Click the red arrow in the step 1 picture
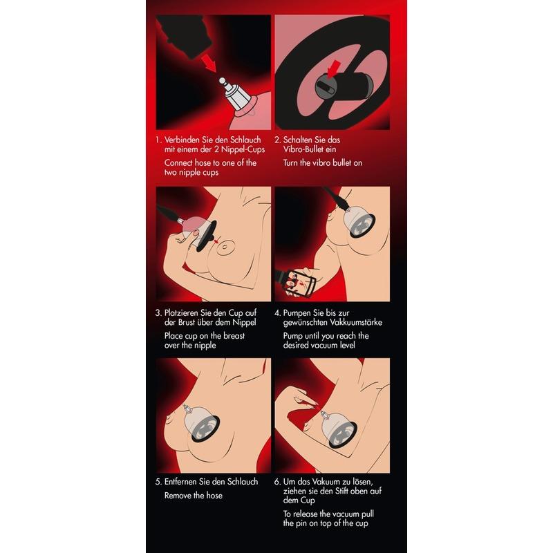[x=209, y=63]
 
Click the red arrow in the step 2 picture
[x=334, y=68]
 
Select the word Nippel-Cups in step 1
[x=243, y=149]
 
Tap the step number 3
[x=158, y=313]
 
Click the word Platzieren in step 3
[x=182, y=313]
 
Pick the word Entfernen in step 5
[x=181, y=482]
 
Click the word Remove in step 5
[x=178, y=496]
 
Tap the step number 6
[x=277, y=482]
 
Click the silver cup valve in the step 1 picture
[x=234, y=94]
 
